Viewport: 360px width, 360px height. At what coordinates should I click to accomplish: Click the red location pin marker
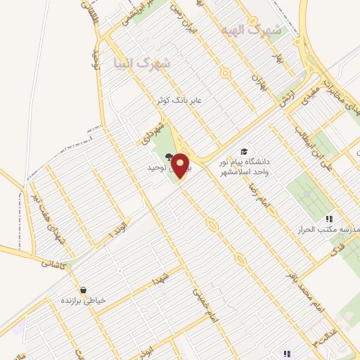pos(181,165)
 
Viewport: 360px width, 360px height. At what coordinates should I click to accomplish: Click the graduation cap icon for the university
pos(244,150)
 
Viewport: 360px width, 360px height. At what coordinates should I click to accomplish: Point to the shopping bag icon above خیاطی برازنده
pos(83,290)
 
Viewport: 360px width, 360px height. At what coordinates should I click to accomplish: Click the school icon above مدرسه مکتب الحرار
pos(328,219)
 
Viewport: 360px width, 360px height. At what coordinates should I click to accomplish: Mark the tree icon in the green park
pos(168,157)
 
